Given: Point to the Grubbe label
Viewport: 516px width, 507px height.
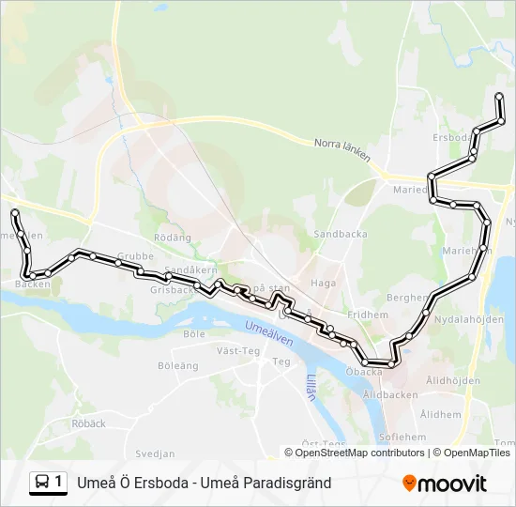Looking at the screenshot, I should point(136,255).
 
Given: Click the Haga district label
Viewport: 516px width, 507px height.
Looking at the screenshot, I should point(323,282).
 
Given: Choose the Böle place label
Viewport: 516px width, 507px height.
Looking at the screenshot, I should point(194,333).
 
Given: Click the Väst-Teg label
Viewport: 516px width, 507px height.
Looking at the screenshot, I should point(237,351).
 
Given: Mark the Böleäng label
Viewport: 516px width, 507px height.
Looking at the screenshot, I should point(178,365).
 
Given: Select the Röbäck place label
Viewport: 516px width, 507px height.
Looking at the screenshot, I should point(88,423).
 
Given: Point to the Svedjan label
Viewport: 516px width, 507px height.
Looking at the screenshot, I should point(155,453).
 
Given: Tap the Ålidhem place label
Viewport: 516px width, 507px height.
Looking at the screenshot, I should point(441,413).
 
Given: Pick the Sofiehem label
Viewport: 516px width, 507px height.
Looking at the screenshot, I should point(402,437).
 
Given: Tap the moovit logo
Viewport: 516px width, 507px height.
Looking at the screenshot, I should point(445,484).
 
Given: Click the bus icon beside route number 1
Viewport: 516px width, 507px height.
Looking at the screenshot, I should point(42,483).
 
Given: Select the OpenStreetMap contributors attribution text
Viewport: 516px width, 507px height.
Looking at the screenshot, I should point(359,453).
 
